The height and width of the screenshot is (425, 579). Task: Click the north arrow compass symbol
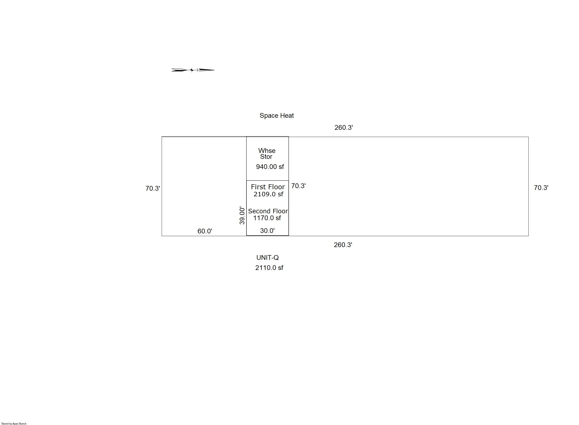pyautogui.click(x=193, y=70)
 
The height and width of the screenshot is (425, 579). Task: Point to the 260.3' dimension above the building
pyautogui.click(x=343, y=128)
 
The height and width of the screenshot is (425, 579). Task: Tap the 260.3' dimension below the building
pyautogui.click(x=343, y=245)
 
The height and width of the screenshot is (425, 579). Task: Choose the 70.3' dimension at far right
pyautogui.click(x=541, y=188)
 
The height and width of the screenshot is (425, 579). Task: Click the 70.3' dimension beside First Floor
pyautogui.click(x=299, y=186)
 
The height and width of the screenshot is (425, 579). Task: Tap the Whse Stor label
pyautogui.click(x=267, y=154)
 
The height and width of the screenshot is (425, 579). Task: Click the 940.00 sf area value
pyautogui.click(x=270, y=167)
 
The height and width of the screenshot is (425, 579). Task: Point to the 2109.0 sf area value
pyautogui.click(x=268, y=194)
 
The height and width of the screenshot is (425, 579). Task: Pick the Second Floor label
pyautogui.click(x=268, y=211)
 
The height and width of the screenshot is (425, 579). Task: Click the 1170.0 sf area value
pyautogui.click(x=267, y=218)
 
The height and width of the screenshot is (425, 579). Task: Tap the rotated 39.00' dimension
pyautogui.click(x=242, y=216)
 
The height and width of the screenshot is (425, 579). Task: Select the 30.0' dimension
pyautogui.click(x=267, y=231)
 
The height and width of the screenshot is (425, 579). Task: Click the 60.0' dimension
pyautogui.click(x=205, y=231)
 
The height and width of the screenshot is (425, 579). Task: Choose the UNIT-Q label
pyautogui.click(x=267, y=257)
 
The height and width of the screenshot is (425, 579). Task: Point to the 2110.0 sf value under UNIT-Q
pyautogui.click(x=269, y=268)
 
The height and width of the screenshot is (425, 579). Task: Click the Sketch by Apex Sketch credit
pyautogui.click(x=14, y=423)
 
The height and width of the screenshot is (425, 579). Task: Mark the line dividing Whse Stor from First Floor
pyautogui.click(x=267, y=181)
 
